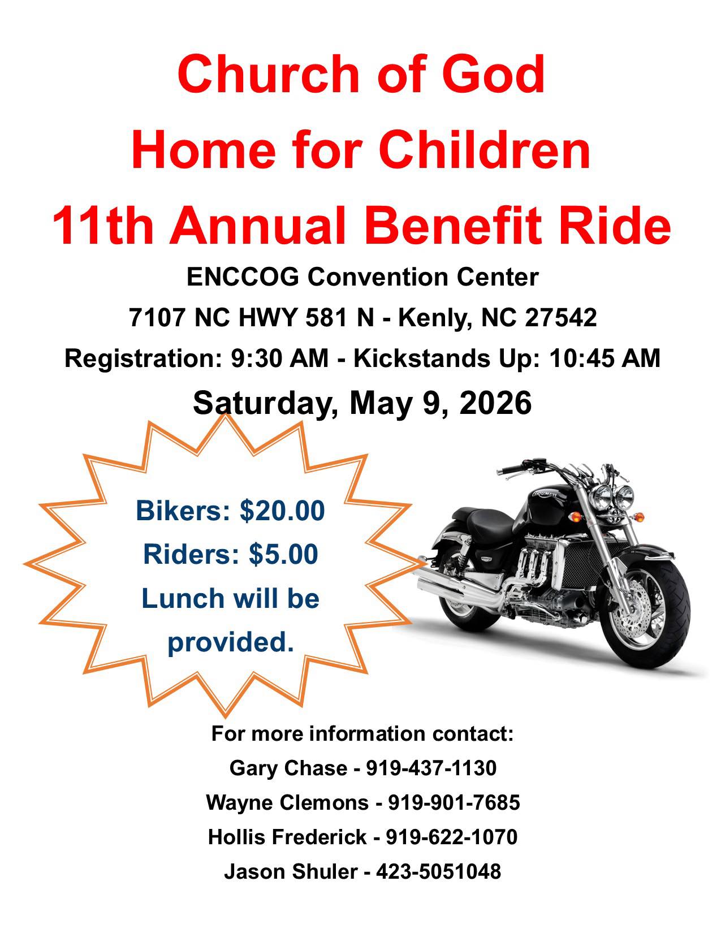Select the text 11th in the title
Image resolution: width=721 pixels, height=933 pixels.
point(102,226)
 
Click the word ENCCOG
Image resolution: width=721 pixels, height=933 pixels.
point(243,277)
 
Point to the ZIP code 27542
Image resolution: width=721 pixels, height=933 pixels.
point(561,318)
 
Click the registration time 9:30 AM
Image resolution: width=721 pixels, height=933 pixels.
point(279,358)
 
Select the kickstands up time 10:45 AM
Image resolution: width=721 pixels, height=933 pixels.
point(605,358)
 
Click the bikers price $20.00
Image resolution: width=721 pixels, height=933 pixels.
point(282,511)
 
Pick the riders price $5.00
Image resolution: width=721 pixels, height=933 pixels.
point(283,554)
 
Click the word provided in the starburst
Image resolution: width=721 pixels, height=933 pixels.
point(231,642)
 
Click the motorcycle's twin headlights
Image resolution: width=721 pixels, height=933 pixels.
point(612,497)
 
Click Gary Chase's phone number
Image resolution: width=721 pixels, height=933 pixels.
point(431,768)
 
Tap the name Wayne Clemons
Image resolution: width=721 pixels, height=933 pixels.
point(287,802)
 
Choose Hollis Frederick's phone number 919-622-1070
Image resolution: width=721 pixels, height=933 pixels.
point(452,837)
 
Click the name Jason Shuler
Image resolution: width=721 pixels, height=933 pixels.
point(291,871)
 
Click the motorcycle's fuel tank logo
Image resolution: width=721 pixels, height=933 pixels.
point(545,494)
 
